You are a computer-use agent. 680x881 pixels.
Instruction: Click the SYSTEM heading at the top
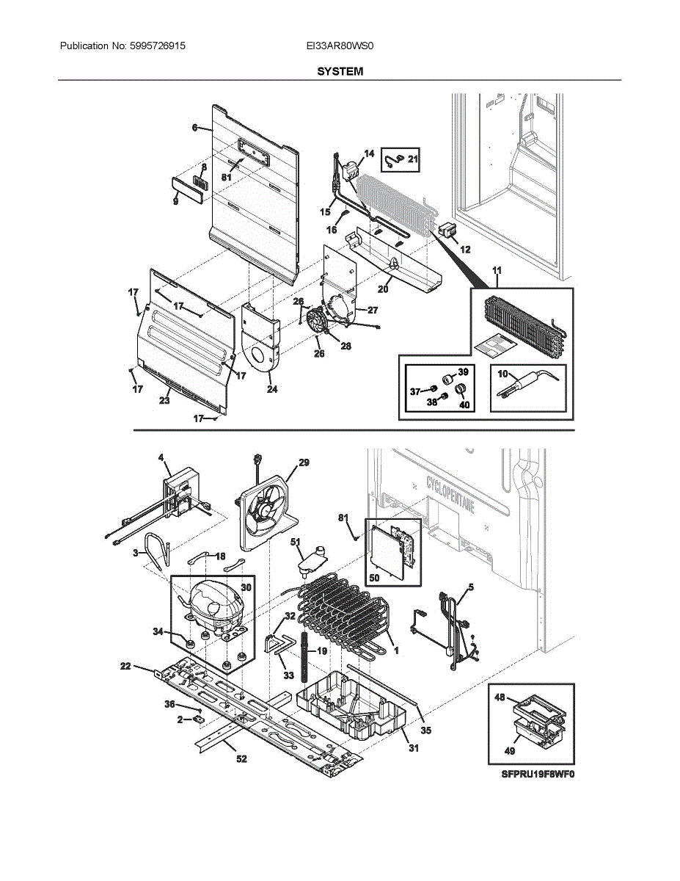point(340,71)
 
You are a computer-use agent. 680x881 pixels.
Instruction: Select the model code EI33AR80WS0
point(340,46)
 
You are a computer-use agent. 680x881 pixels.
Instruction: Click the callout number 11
point(497,272)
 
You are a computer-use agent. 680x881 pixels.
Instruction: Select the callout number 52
point(241,759)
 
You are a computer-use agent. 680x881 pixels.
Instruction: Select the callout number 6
point(195,128)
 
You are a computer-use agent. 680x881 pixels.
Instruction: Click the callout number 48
point(500,697)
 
